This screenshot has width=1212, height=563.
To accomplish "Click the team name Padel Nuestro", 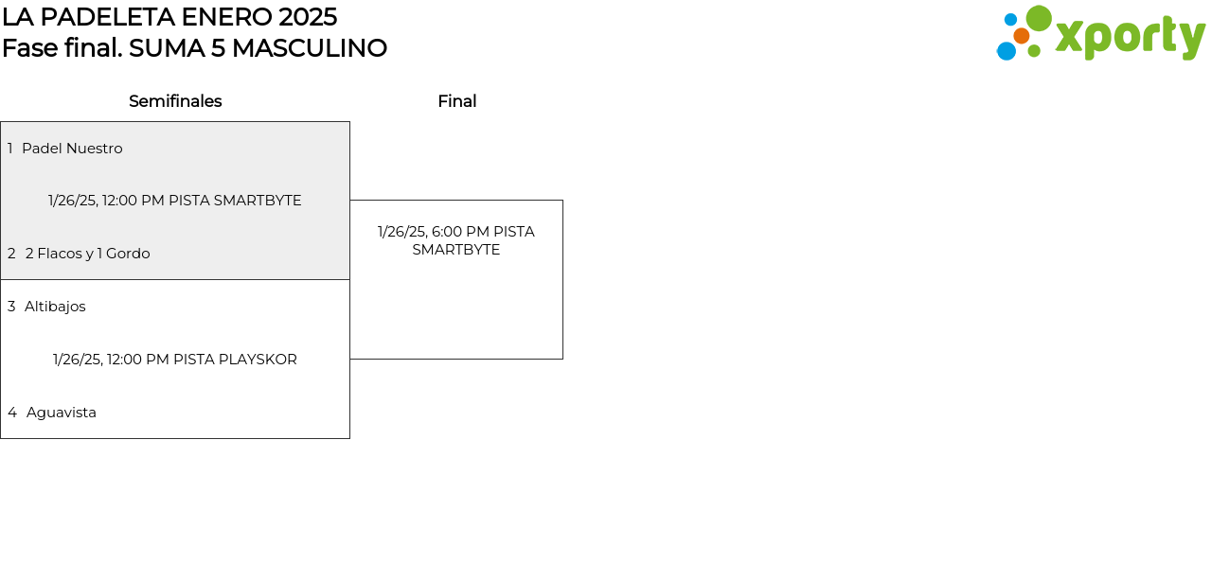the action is [x=72, y=149].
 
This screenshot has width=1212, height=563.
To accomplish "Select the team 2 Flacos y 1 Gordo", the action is [x=88, y=253].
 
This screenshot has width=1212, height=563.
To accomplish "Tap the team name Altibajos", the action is [x=55, y=307].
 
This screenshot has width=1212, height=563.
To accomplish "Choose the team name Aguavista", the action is [x=62, y=413].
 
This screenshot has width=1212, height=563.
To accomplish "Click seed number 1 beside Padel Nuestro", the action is [x=9, y=149].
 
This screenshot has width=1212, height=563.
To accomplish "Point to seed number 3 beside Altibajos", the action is [x=11, y=307].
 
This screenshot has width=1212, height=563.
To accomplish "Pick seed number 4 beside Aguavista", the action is [x=12, y=413].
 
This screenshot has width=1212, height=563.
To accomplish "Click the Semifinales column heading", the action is [x=175, y=101].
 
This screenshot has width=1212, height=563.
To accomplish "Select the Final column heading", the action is [x=457, y=101].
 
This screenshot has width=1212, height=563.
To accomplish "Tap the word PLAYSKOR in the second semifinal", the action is [x=258, y=360].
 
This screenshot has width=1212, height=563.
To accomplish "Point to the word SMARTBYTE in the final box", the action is [x=456, y=250].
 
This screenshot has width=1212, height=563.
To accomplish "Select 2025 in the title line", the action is [x=308, y=17].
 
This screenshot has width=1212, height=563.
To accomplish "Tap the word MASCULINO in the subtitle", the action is [x=310, y=48].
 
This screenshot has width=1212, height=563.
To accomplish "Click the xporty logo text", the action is [x=1131, y=38].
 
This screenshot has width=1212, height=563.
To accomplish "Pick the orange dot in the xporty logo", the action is [x=1022, y=36].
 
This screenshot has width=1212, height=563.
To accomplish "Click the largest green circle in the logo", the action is [x=1039, y=18].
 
